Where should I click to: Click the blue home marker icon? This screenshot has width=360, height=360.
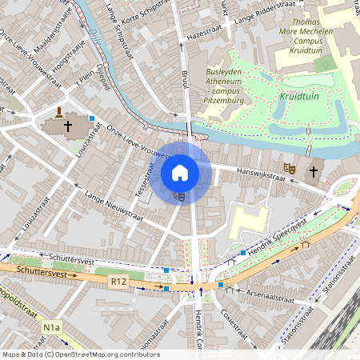point(180,172)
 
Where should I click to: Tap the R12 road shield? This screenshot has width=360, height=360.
point(119,282)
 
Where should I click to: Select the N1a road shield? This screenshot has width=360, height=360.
point(52,327)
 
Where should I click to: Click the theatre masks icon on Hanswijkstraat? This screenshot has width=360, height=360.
point(289,168)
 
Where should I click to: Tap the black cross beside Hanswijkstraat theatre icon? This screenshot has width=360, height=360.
point(313,170)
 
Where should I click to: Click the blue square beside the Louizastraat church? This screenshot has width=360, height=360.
point(92,118)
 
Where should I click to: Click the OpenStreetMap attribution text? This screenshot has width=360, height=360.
point(80,354)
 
